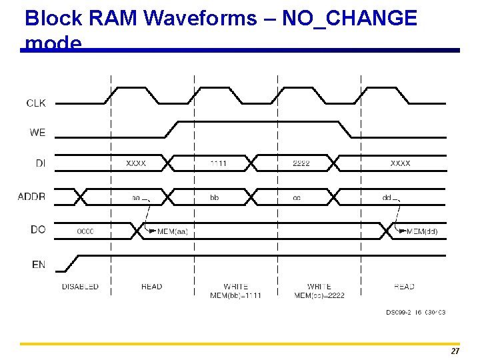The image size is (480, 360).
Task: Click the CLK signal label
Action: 36,103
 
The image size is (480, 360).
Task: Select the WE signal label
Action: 37,133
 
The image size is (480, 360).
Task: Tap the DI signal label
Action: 39,163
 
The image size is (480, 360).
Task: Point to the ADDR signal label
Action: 32,196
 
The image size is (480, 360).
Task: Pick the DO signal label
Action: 38,229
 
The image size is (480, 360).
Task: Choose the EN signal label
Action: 39,265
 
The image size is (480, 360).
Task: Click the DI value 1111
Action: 218,163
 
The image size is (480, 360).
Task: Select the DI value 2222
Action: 301,163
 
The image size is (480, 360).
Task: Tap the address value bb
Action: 214,198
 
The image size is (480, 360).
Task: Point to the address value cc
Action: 297,198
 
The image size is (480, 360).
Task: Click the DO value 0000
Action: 85,231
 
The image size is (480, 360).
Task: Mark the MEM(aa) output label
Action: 173,231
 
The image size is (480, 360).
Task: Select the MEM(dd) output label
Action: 422,231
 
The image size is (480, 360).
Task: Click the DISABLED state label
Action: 80,287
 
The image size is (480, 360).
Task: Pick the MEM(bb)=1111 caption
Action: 235,295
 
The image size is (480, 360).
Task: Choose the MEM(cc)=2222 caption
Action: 319,295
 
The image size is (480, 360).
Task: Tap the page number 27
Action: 455,351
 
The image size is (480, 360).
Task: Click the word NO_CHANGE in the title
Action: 349,18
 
